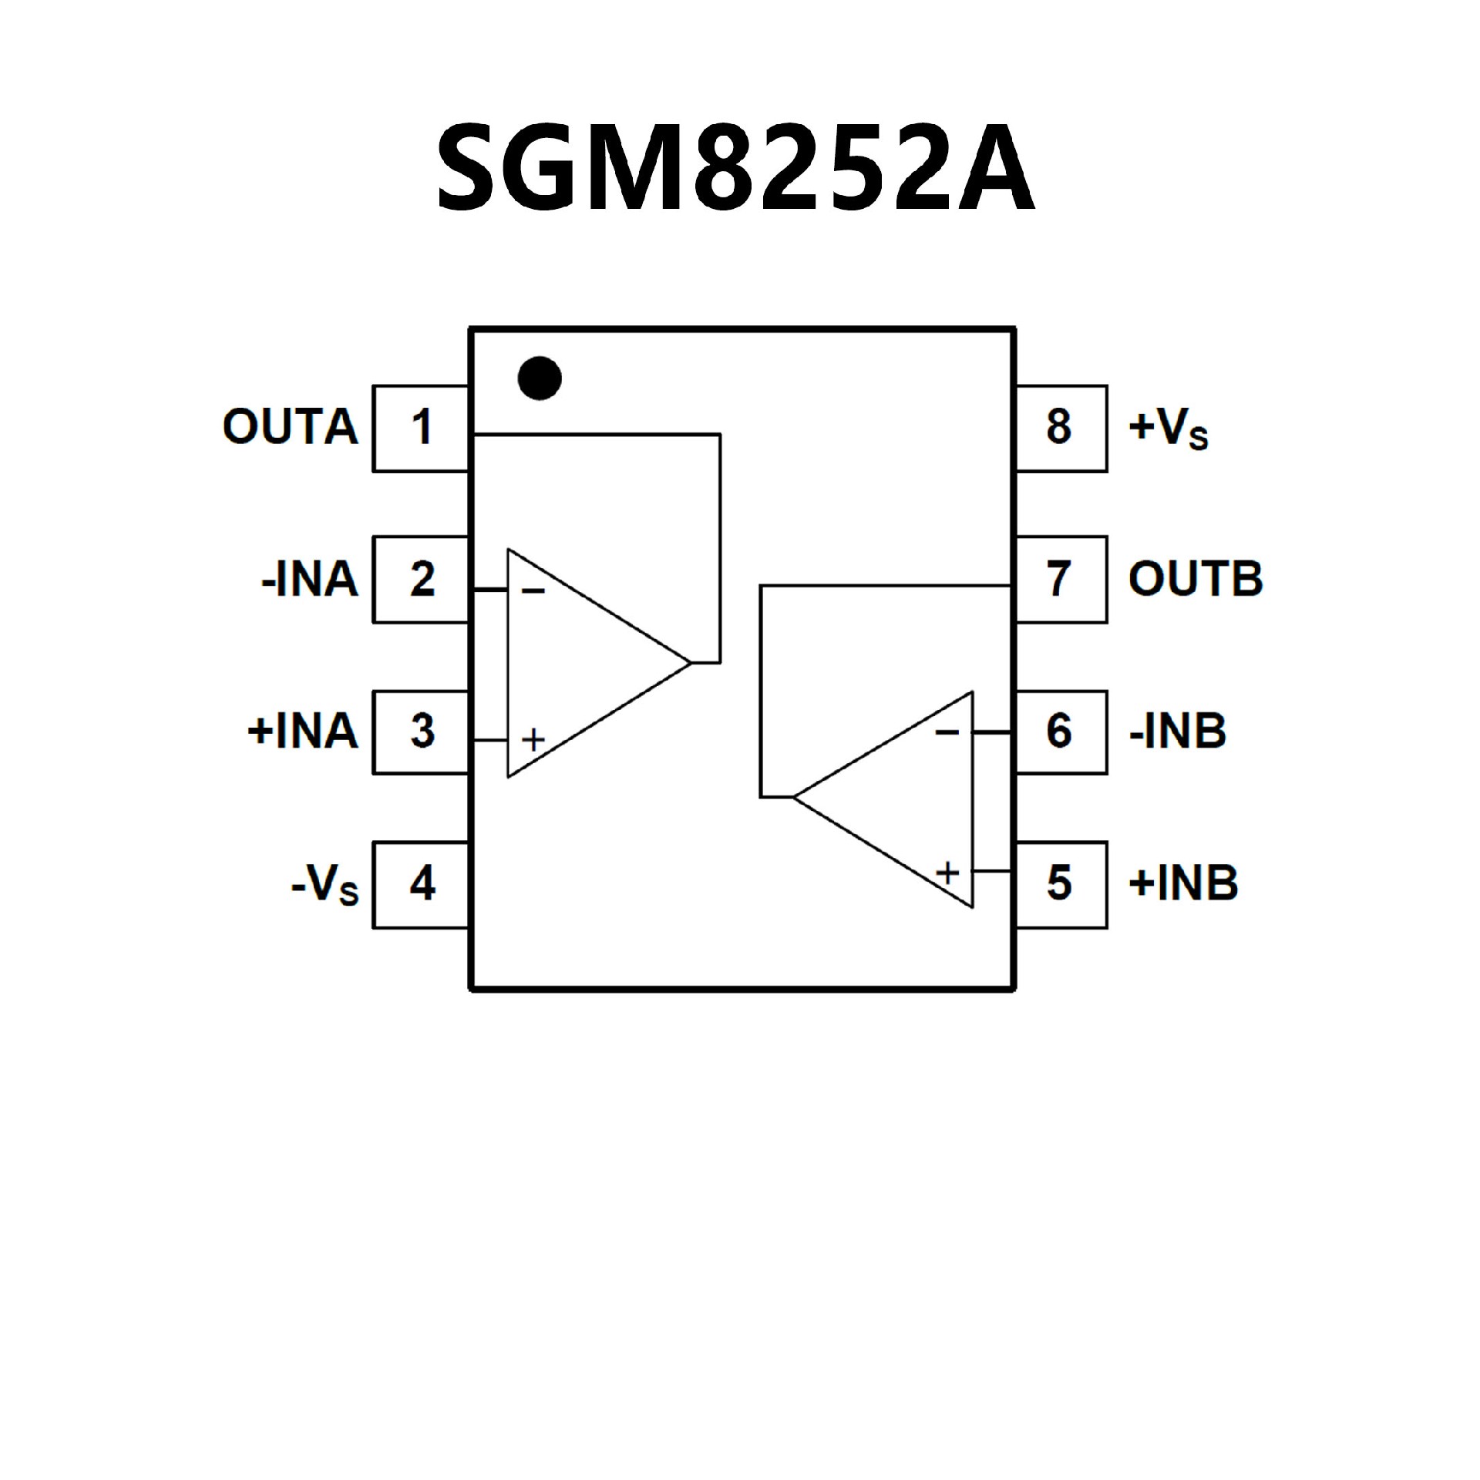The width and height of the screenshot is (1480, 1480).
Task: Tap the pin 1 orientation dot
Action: click(x=540, y=378)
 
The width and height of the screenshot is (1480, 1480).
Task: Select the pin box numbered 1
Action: click(x=421, y=428)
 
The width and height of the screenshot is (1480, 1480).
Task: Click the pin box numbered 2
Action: click(x=421, y=579)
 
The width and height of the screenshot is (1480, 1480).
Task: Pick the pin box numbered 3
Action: click(x=421, y=732)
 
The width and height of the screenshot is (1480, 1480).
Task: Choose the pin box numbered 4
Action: click(x=421, y=884)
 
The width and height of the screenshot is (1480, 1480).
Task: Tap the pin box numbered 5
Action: click(x=1061, y=884)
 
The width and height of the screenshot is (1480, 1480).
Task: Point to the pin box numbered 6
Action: click(x=1061, y=732)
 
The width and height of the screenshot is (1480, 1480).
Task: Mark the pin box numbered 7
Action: click(x=1061, y=579)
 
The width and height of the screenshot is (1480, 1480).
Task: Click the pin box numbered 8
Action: click(x=1061, y=428)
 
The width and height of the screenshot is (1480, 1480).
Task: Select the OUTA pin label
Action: click(x=291, y=427)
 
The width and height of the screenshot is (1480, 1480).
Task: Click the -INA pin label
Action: click(x=310, y=580)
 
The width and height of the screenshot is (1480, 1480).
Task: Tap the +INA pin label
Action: click(x=303, y=732)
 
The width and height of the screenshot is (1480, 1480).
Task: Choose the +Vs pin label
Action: click(x=1168, y=429)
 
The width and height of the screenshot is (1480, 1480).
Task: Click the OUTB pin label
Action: click(x=1196, y=579)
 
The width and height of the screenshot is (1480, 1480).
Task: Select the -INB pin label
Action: click(x=1177, y=732)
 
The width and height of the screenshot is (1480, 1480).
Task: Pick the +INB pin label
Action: click(x=1183, y=883)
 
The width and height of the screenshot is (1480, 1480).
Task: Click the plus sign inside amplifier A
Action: click(x=533, y=740)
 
